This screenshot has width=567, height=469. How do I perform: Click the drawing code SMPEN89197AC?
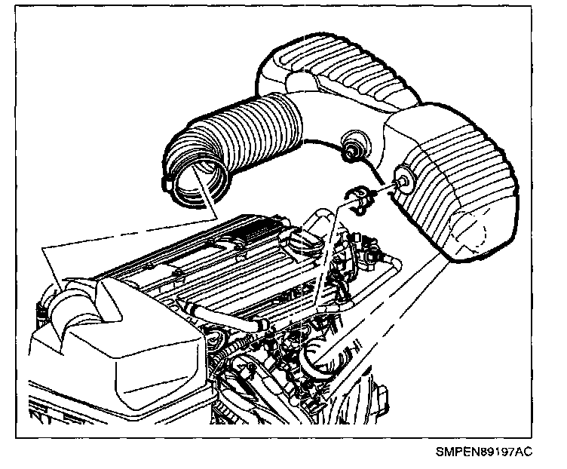(x=483, y=452)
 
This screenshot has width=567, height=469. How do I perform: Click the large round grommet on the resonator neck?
(x=351, y=145)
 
